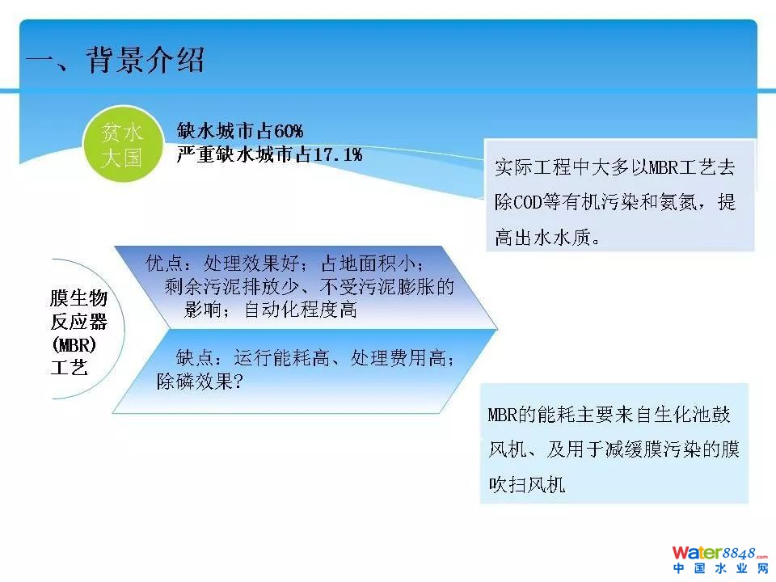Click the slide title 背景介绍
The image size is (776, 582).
145,61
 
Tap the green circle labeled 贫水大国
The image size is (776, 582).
122,144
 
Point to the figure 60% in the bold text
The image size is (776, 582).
289,131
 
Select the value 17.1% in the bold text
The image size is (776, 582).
338,155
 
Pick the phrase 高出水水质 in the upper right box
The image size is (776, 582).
543,238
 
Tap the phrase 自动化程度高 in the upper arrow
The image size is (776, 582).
301,310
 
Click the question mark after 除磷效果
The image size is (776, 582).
238,382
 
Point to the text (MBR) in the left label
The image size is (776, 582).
74,344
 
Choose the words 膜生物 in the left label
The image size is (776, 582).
78,298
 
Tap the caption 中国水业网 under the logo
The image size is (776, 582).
720,568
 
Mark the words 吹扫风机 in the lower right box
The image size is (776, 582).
526,484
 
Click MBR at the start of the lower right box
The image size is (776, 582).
502,415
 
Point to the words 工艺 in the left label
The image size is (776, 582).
70,368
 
